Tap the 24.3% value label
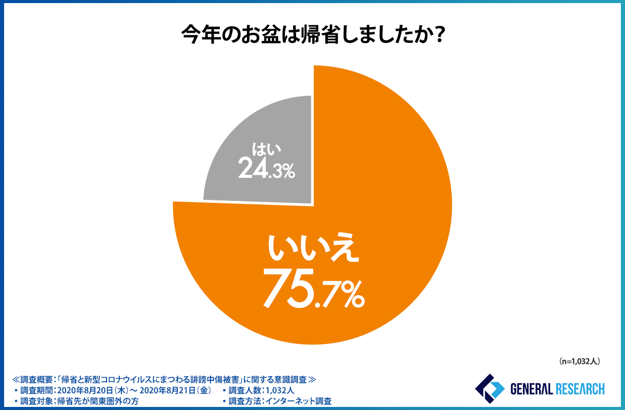click(266, 169)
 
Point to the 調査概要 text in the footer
click(38, 380)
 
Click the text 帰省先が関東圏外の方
click(97, 401)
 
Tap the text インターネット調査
click(297, 401)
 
